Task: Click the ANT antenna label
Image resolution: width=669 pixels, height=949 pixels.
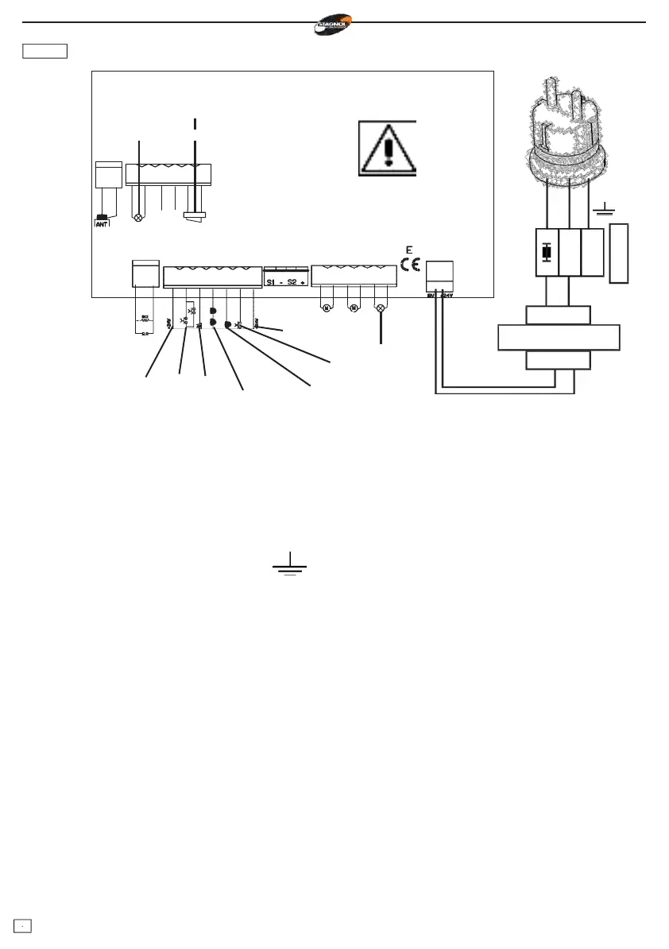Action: point(102,223)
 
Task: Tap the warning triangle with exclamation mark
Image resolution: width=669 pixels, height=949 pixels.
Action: point(387,147)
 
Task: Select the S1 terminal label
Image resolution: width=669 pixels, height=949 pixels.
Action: point(272,283)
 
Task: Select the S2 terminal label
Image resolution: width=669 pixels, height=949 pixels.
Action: point(292,283)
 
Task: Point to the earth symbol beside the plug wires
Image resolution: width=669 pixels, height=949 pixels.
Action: point(605,209)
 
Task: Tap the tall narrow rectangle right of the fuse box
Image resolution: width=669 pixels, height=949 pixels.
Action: point(619,254)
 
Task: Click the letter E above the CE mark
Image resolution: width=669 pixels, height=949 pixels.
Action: point(408,250)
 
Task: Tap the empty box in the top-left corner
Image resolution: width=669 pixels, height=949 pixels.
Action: point(45,52)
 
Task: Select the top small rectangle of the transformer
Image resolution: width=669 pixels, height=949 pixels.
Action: point(558,315)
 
